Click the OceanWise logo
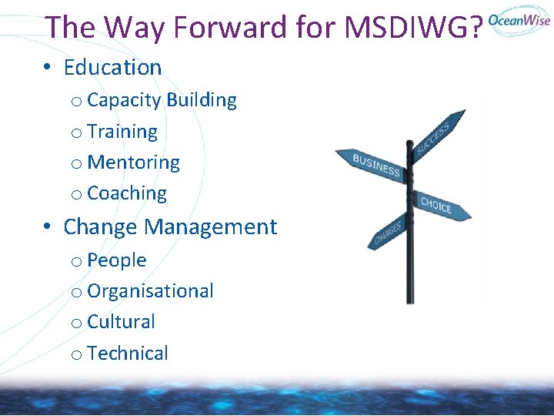(x=519, y=21)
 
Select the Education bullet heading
(x=112, y=68)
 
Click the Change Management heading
(x=170, y=227)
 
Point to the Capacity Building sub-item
(x=162, y=100)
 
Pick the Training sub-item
(x=122, y=132)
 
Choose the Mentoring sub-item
(x=133, y=163)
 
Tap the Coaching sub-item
(x=127, y=193)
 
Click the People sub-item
(x=117, y=260)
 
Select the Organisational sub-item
(x=150, y=291)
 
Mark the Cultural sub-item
(x=121, y=322)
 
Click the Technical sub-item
(x=128, y=354)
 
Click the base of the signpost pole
(x=410, y=297)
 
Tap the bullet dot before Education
(x=48, y=68)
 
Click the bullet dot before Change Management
(x=48, y=227)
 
